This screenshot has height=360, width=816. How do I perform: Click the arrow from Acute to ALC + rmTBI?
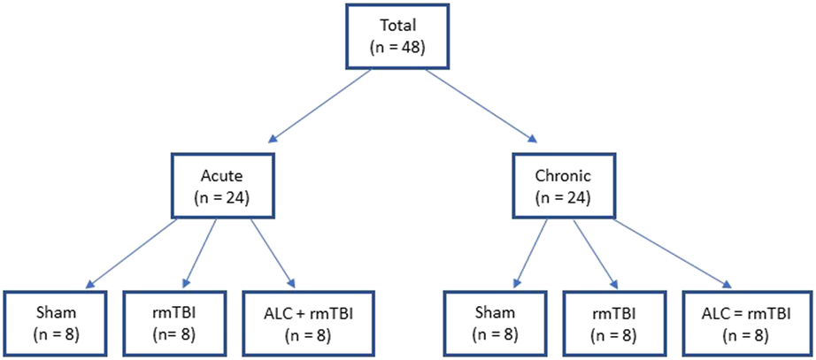(271, 252)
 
